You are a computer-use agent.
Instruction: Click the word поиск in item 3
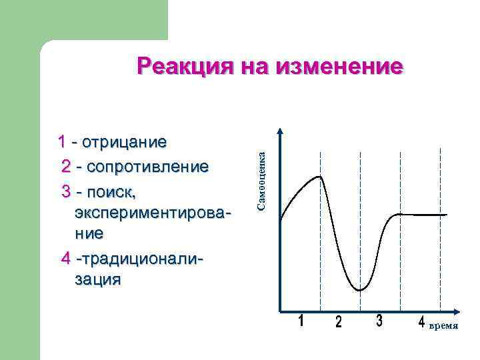pos(109,192)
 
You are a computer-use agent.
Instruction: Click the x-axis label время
pos(443,327)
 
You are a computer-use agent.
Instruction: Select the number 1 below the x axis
pos(301,321)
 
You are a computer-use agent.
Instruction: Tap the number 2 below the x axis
pos(339,323)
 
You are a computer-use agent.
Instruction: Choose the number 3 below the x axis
pos(379,321)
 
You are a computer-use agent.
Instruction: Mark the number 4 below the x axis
pos(421,323)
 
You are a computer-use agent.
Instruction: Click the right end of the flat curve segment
pos(446,215)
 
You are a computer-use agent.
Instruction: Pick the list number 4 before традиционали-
pos(65,257)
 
